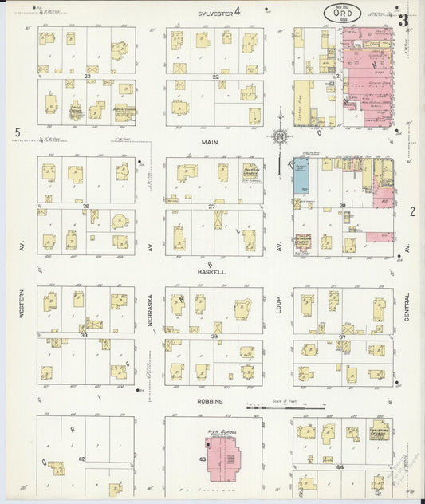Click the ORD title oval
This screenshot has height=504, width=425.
[341, 13]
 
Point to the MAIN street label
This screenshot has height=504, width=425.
[210, 142]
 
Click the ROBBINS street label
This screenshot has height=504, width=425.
[211, 401]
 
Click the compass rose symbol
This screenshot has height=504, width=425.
[280, 136]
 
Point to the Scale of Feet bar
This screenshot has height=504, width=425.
[285, 408]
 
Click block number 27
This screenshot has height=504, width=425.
[213, 207]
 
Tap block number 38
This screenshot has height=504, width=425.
[214, 337]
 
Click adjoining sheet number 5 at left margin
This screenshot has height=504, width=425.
[17, 132]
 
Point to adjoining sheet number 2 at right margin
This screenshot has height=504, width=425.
[412, 211]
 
